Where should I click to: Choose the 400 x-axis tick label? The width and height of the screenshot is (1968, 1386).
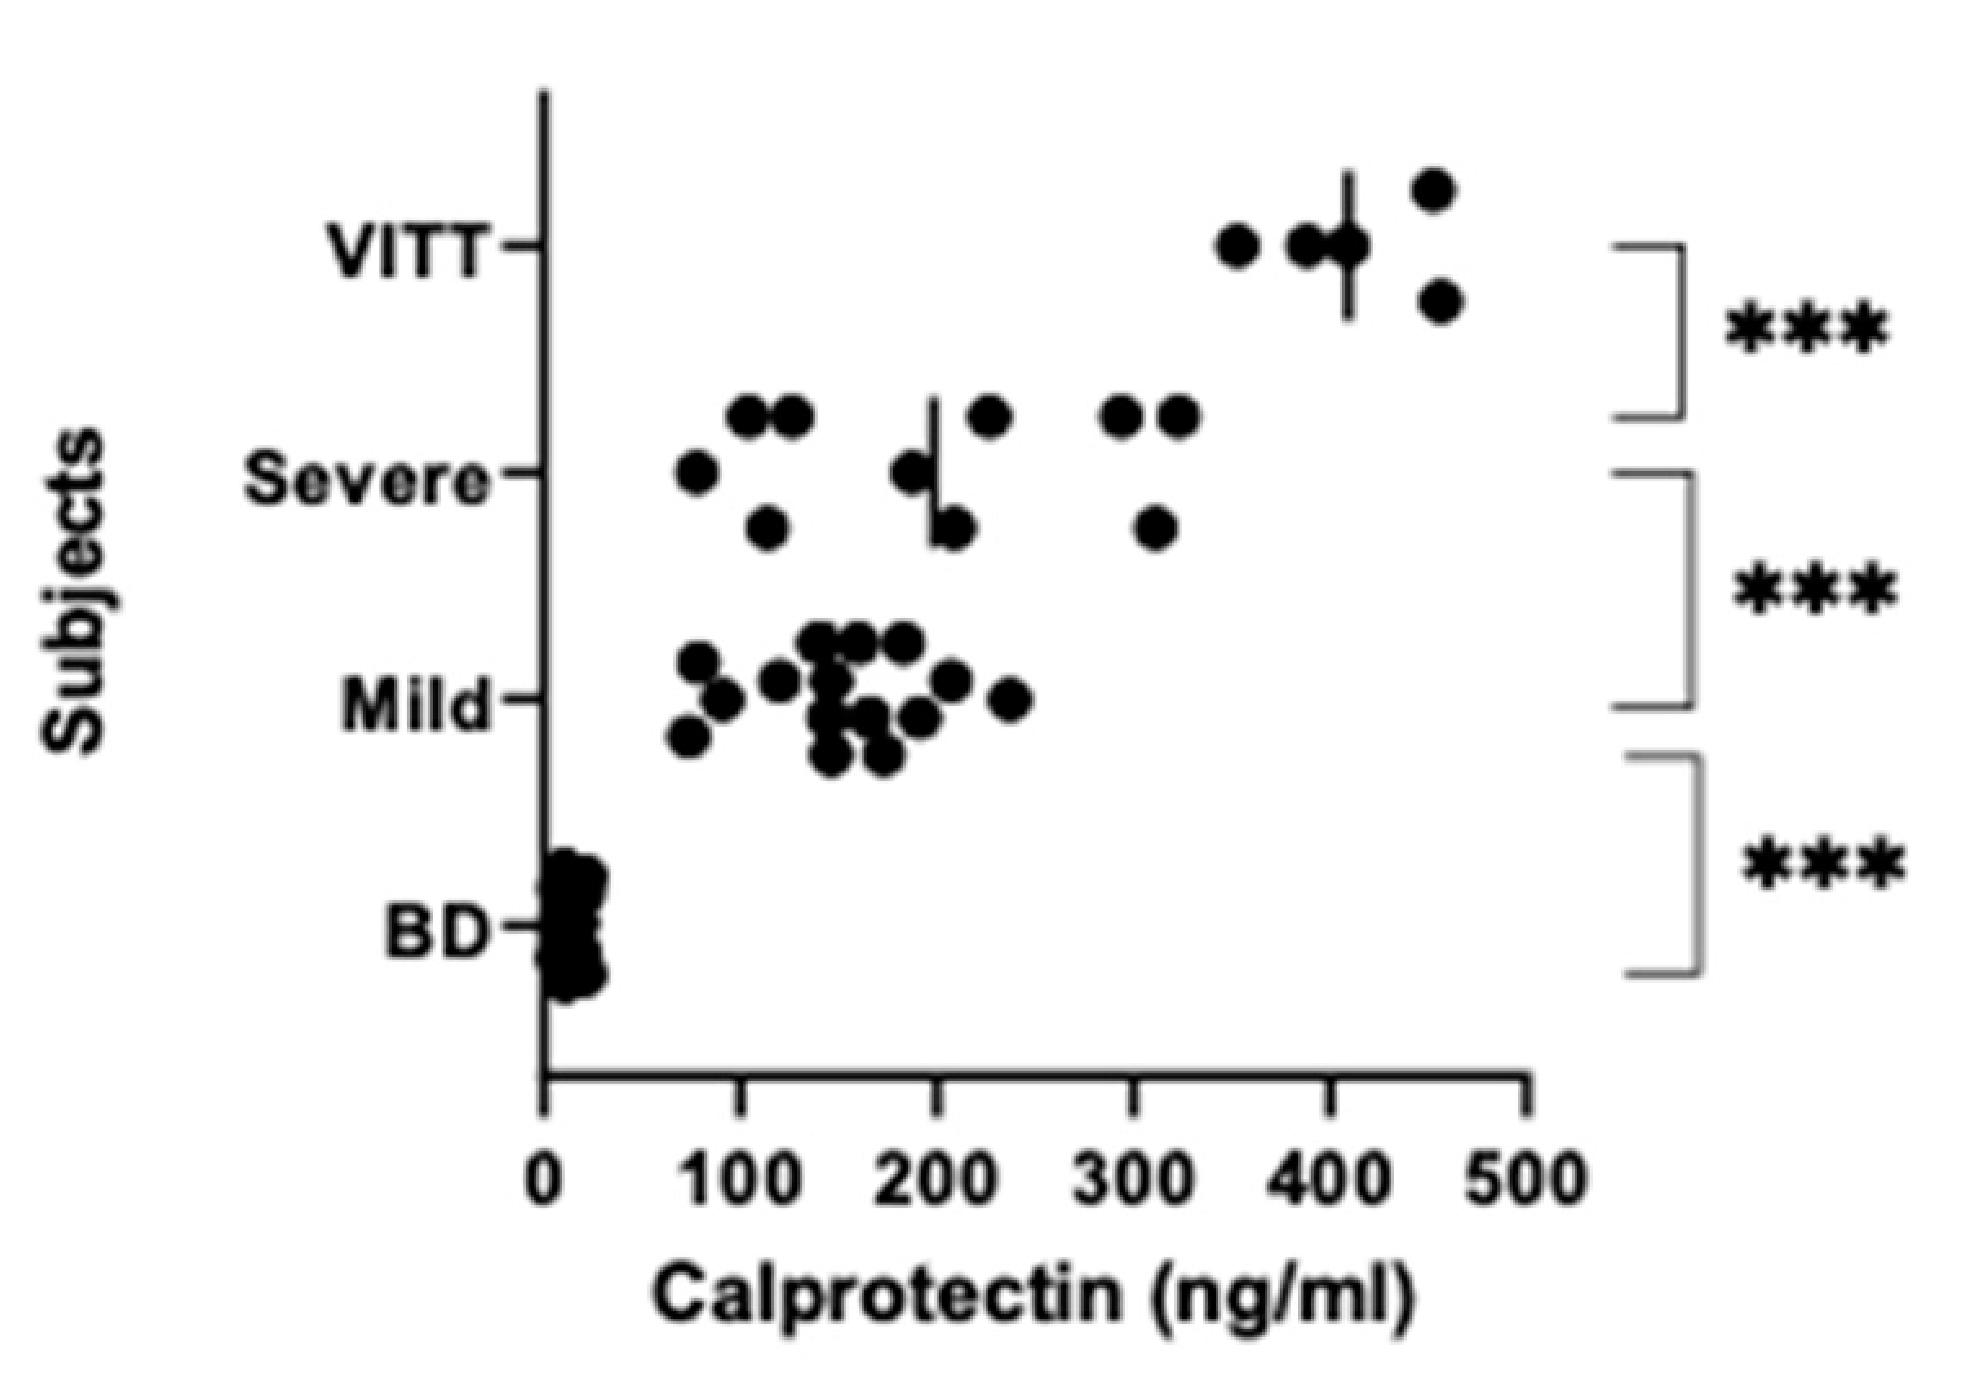1329,1180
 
